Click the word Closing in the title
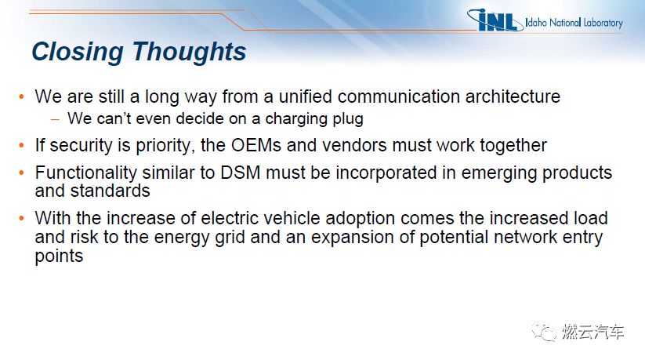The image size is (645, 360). point(78,53)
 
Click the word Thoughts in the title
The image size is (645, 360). point(189,52)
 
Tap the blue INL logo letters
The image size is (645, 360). point(495,20)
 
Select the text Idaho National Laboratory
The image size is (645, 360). point(574,22)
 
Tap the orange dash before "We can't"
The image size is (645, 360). point(55,119)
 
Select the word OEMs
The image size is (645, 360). point(255,145)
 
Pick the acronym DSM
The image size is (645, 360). point(241,173)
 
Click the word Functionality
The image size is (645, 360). point(85,173)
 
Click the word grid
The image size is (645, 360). point(230,238)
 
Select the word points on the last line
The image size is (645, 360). point(60,256)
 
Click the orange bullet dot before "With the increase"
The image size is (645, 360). point(22,218)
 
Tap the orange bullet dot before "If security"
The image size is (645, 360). point(22,145)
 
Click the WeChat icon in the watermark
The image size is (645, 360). point(544,332)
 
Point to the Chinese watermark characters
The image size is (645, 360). point(592,332)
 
